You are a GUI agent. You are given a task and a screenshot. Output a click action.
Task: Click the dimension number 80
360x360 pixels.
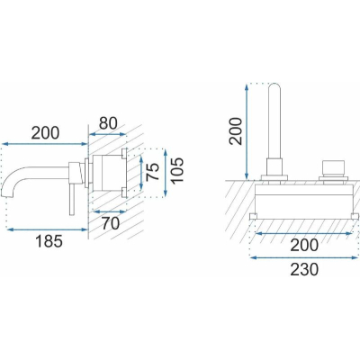pos(108,122)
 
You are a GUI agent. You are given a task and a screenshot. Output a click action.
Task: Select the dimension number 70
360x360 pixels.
pos(111,223)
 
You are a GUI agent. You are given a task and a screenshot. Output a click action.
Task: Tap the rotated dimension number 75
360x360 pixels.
pos(154,171)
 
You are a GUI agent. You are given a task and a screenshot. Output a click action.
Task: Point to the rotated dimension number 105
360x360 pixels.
pos(176,169)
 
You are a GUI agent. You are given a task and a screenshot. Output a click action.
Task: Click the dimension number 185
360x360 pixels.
pos(49,241)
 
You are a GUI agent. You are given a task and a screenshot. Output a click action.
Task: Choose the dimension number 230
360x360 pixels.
pos(304,269)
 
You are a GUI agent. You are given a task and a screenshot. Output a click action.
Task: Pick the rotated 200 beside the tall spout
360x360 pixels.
pos(235,131)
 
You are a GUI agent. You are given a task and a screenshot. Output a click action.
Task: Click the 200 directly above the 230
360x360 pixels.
pos(304,245)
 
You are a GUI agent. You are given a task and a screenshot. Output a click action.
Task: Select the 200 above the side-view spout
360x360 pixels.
pos(46,133)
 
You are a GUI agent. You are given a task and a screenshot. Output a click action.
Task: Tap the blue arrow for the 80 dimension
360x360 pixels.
pos(107,134)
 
